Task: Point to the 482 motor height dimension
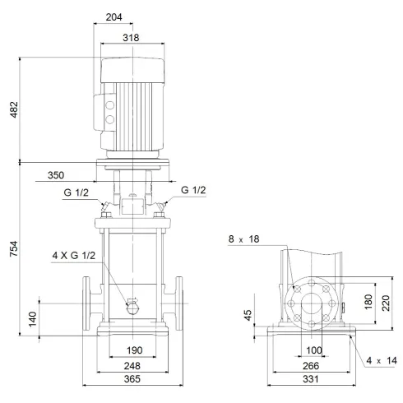[12, 109]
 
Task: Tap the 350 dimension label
[56, 175]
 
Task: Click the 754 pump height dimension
[12, 248]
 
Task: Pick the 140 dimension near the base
[32, 318]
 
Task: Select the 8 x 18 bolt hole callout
[243, 239]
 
